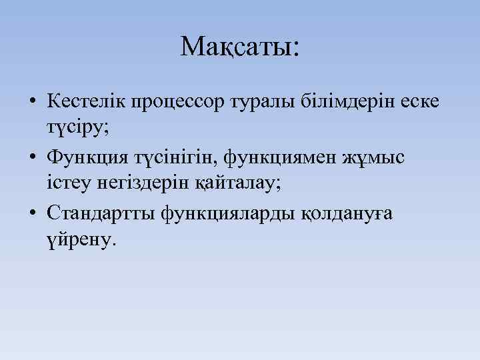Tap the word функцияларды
pos(223,215)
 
